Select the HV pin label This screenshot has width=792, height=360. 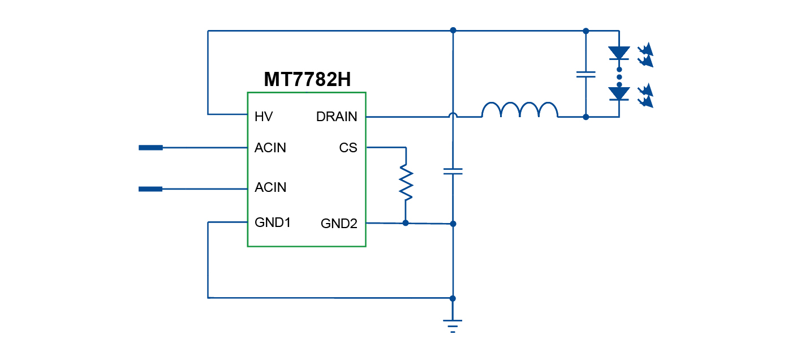[x=264, y=117]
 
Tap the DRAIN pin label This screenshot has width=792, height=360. [x=337, y=117]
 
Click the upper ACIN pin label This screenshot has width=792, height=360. [x=270, y=148]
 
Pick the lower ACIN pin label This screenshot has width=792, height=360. [x=270, y=187]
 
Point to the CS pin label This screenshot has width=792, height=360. [x=348, y=148]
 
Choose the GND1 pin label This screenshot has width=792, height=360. [x=273, y=222]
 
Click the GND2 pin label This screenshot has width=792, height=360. [x=339, y=224]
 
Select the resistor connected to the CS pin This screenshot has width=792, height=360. [x=406, y=182]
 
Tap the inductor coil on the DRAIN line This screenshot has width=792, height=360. [x=519, y=110]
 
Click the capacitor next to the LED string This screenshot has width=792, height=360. [x=586, y=74]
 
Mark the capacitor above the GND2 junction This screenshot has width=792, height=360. [x=453, y=171]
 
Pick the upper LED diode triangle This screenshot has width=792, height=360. [x=619, y=53]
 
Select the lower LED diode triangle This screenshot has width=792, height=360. [x=619, y=93]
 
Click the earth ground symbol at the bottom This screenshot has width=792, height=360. [x=453, y=325]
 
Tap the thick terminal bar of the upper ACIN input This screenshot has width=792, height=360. [x=150, y=148]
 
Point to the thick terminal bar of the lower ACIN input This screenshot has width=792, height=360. [x=150, y=189]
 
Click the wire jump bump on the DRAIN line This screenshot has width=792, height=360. [x=453, y=115]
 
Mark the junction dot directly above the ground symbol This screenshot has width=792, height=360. [x=453, y=298]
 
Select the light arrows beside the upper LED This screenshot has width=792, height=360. [x=645, y=55]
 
